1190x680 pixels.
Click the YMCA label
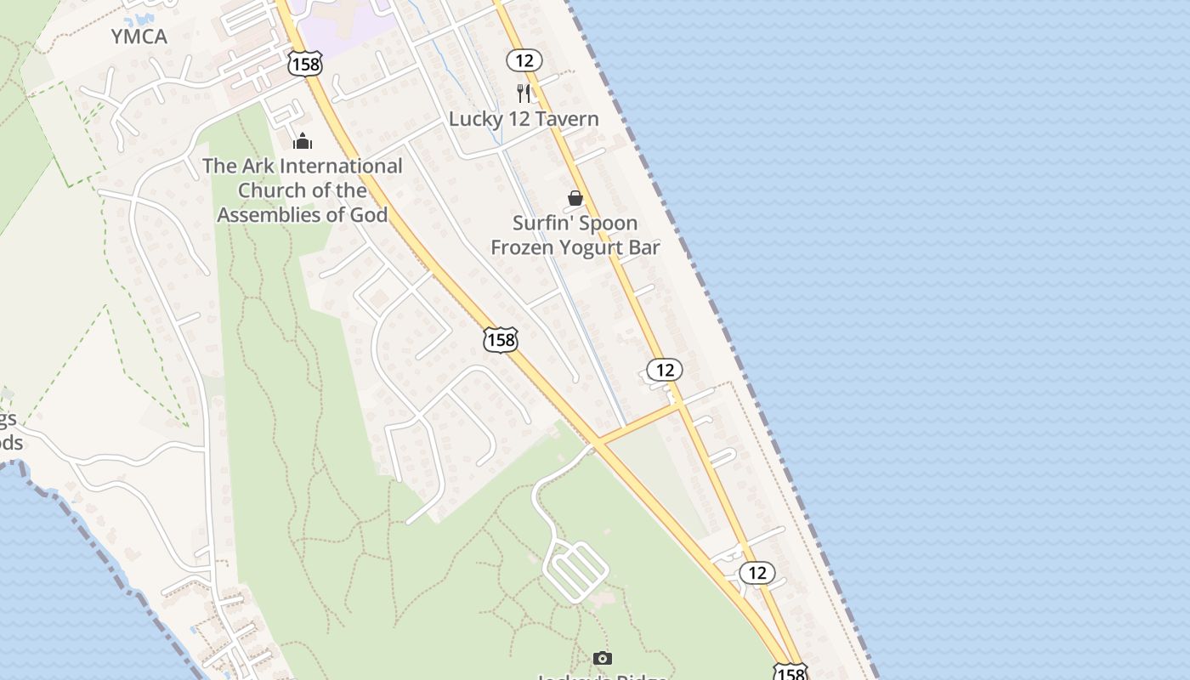pos(139,37)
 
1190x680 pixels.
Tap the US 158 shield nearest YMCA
pos(304,63)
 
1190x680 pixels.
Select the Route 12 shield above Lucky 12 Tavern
pos(524,60)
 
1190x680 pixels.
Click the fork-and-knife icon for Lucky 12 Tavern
pos(524,93)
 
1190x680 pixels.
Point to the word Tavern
pos(564,119)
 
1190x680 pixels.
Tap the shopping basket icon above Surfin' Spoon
pos(575,198)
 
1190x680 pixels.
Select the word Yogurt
pos(586,247)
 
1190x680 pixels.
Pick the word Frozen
pos(519,247)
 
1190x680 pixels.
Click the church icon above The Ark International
pos(302,141)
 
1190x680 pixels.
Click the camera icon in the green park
pos(602,658)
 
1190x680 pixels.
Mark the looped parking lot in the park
pos(575,569)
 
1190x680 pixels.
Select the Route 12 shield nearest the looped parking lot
pos(756,573)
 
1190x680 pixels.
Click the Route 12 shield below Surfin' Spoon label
pos(665,370)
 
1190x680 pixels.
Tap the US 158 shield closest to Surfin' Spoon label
pos(501,340)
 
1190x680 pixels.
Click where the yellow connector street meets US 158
pos(598,440)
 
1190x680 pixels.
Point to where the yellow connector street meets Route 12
pos(681,405)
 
